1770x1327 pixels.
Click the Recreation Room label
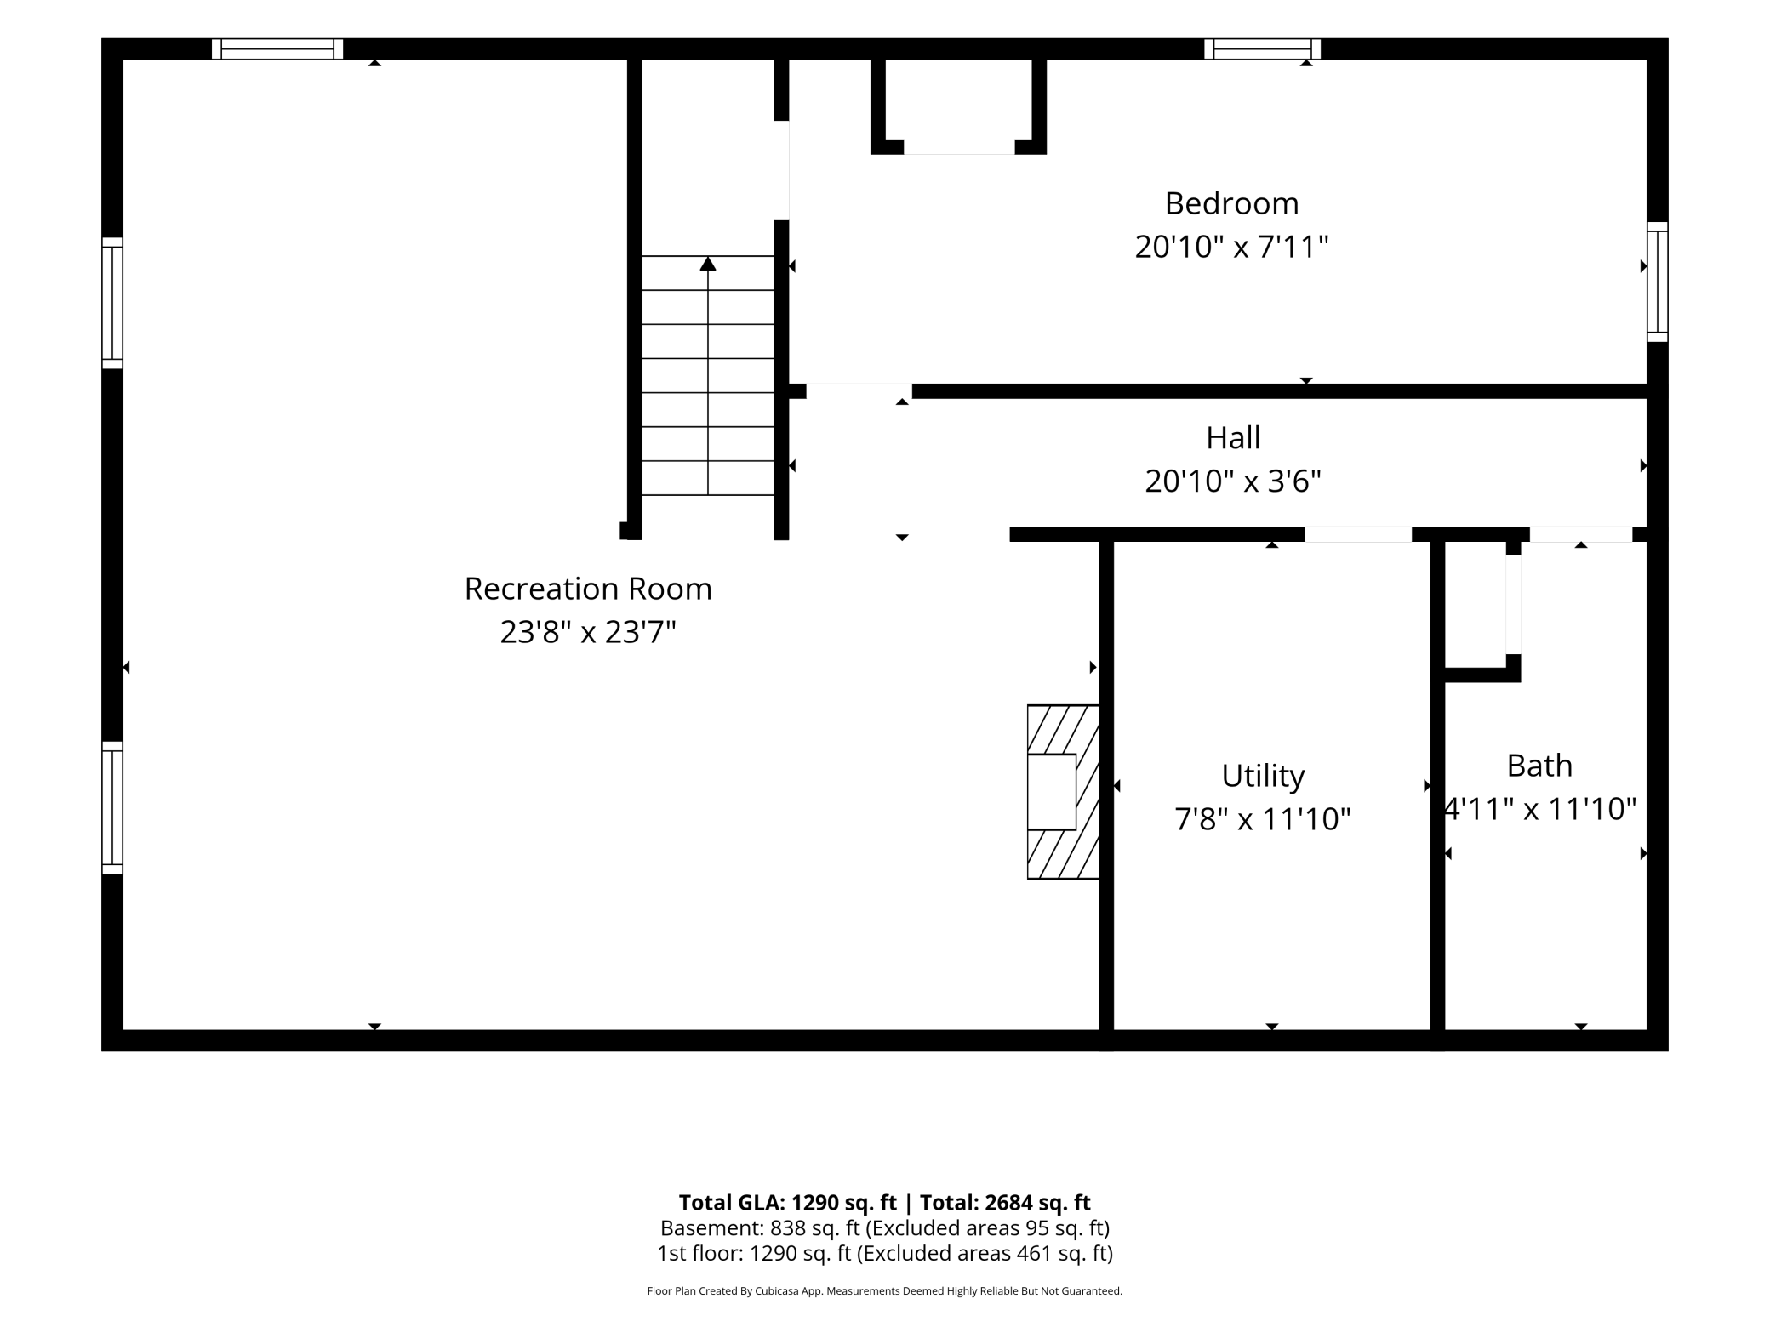click(588, 589)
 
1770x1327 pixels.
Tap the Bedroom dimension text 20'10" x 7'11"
click(1231, 248)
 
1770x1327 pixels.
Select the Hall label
click(1233, 438)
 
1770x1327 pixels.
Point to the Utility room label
click(1263, 776)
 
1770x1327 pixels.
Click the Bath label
click(1539, 766)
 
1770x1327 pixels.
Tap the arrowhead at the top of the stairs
click(708, 264)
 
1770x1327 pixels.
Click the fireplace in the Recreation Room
click(1063, 792)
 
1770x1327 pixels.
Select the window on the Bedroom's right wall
click(1658, 282)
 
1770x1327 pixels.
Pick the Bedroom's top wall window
click(1262, 48)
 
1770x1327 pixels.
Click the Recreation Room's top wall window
click(277, 48)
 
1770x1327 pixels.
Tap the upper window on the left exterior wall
click(112, 303)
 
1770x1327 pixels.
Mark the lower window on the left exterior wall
click(112, 807)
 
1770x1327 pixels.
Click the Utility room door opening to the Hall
click(1358, 534)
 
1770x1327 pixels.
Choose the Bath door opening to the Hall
click(1581, 534)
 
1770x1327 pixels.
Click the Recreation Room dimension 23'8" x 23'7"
click(588, 632)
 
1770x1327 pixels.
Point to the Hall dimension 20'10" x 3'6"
click(1233, 481)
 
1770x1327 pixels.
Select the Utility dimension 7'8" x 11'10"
click(1263, 819)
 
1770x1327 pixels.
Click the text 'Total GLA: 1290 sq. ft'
click(788, 1202)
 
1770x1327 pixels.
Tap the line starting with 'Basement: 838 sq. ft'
click(885, 1228)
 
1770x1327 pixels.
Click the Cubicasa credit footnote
click(885, 1290)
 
